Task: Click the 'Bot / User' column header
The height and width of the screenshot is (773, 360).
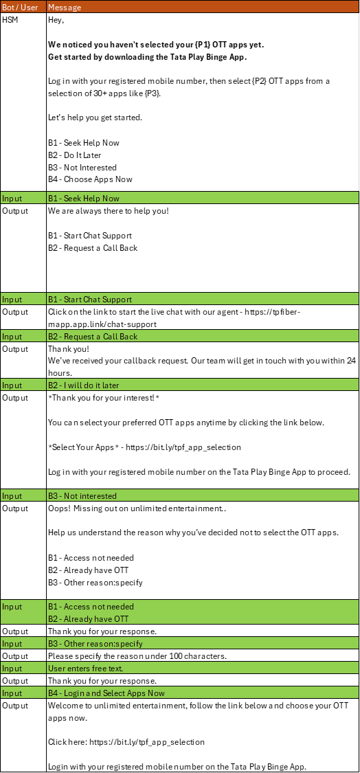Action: click(23, 7)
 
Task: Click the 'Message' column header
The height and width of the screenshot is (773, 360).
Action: click(203, 7)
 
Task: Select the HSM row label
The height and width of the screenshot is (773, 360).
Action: click(10, 20)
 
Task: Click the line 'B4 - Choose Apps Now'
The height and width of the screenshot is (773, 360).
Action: click(90, 179)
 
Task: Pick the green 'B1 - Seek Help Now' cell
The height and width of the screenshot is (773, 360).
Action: click(203, 198)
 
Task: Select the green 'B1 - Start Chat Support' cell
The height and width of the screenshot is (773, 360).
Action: click(203, 300)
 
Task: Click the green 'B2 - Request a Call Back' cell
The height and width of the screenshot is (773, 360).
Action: click(203, 336)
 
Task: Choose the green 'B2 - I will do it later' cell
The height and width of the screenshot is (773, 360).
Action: click(203, 385)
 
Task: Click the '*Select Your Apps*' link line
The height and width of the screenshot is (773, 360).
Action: click(144, 447)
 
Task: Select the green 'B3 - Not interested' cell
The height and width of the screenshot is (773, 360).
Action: click(203, 495)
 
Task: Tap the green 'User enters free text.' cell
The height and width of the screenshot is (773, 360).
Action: click(203, 669)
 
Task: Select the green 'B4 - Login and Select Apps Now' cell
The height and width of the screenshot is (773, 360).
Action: click(203, 693)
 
